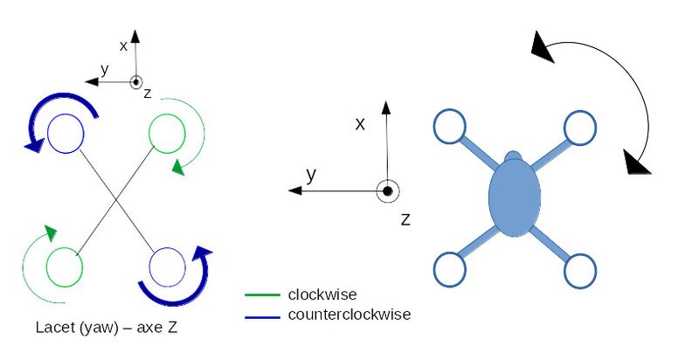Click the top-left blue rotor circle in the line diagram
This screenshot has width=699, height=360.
click(x=65, y=135)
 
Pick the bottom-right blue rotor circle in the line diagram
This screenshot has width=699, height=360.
click(x=166, y=266)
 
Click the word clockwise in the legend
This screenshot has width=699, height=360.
click(x=322, y=294)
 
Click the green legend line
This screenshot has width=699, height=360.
click(x=263, y=295)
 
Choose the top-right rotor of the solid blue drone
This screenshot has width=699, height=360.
click(x=579, y=128)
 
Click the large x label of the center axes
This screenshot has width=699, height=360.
click(x=359, y=124)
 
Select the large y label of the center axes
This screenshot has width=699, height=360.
click(x=310, y=175)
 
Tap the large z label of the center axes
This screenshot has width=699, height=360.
click(x=405, y=218)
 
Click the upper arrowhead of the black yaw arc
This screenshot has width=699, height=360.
click(x=543, y=47)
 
